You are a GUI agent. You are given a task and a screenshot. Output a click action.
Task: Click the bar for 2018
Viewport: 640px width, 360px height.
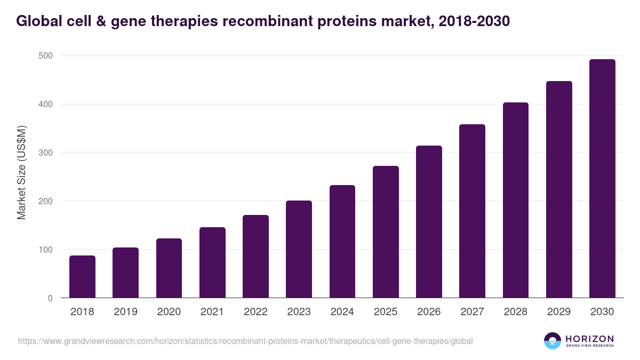coord(82,277)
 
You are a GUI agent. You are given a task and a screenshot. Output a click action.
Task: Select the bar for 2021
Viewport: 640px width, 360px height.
coord(212,262)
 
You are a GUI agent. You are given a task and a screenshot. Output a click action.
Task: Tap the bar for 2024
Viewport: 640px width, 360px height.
coord(342,242)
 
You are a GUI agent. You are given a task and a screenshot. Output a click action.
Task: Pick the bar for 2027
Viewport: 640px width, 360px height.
coord(472,211)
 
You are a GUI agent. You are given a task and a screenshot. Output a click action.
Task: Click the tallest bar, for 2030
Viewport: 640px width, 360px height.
coord(602,179)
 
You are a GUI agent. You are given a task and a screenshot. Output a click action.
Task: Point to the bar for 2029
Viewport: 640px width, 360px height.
coord(559,189)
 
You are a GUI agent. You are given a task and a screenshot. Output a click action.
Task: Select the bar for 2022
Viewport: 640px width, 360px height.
coord(255,257)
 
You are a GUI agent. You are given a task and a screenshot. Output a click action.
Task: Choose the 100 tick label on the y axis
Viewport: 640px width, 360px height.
coord(45,250)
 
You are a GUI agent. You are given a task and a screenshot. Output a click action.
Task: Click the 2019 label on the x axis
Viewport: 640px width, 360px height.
coord(125,312)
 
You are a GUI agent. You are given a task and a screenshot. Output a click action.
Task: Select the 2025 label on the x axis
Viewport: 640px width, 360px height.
coord(386,312)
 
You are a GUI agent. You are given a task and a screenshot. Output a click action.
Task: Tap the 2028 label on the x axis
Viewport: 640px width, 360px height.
coord(516,312)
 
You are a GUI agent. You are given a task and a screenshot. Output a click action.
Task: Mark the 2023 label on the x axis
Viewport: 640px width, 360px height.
coord(299,312)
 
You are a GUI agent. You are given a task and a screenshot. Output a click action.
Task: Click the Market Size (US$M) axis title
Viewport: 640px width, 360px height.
coord(21,172)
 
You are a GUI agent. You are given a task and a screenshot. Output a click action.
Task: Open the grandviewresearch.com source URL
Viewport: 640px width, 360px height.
coord(245,341)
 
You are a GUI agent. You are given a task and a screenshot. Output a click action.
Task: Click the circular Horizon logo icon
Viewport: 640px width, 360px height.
coord(553,341)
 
